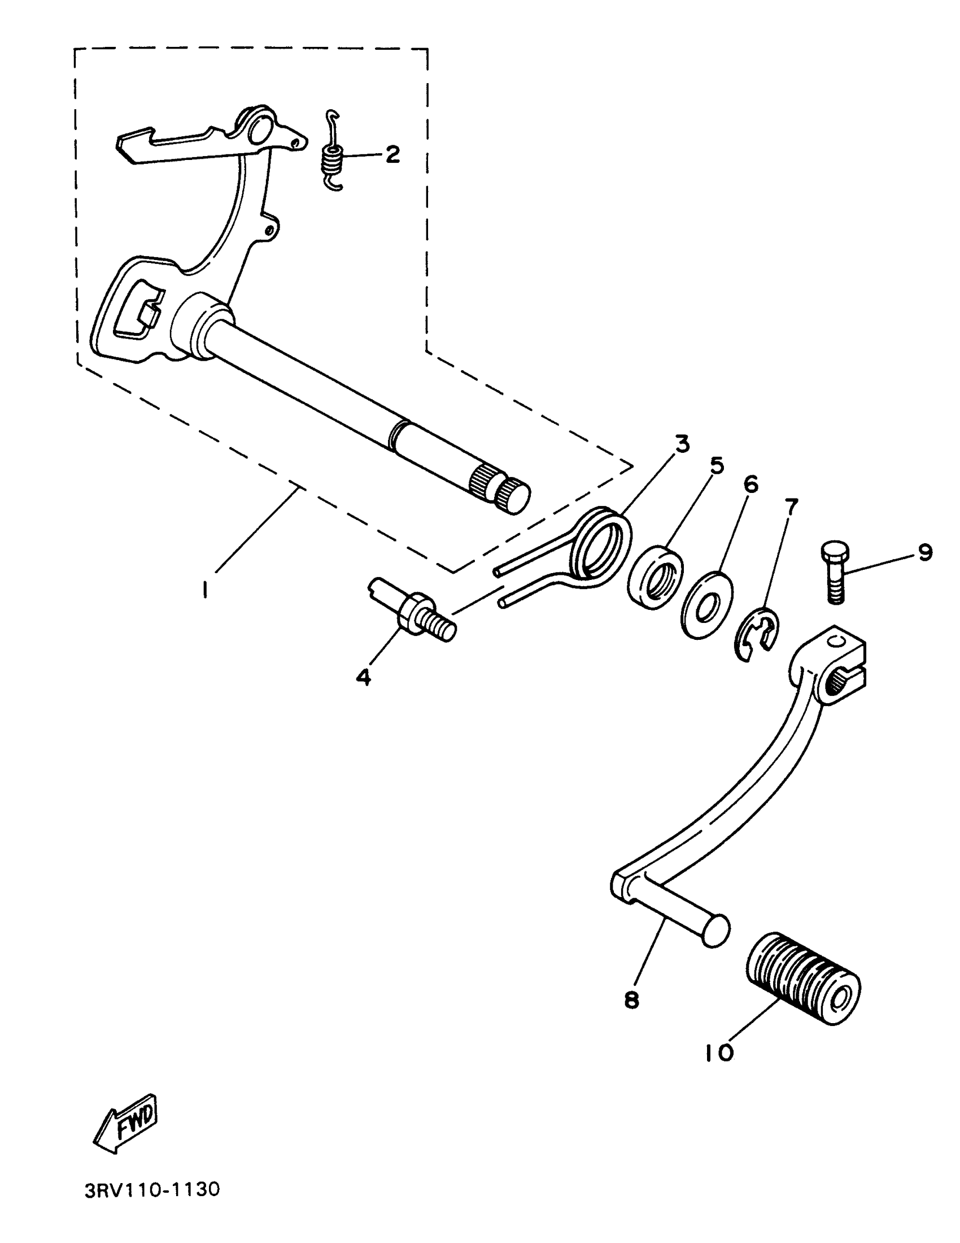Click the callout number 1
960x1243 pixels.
(204, 591)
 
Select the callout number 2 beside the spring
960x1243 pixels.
(392, 154)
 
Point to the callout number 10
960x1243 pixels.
(719, 1054)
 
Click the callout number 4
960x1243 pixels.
(364, 677)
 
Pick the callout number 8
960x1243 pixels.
(632, 1000)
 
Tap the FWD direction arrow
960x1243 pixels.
(125, 1122)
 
